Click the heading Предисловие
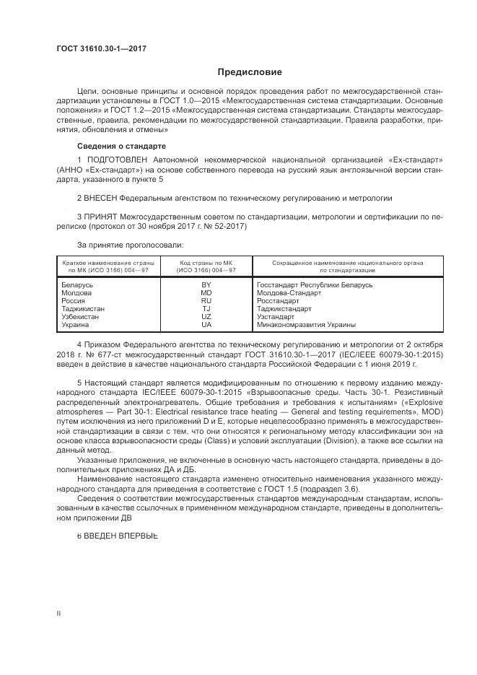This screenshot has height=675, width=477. [x=250, y=72]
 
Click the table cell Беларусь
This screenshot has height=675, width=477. [x=77, y=285]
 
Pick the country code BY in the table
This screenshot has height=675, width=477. [x=206, y=285]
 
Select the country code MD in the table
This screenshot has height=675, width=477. [x=206, y=293]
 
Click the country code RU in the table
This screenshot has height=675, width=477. [x=206, y=301]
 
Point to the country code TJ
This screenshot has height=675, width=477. [x=206, y=309]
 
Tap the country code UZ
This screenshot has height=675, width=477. [x=206, y=317]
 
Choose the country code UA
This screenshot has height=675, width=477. [x=206, y=325]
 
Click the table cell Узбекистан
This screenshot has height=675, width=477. [x=82, y=317]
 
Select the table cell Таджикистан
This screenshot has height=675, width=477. [x=84, y=309]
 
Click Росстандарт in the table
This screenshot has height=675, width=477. [x=278, y=301]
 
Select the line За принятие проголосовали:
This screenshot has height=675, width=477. [x=125, y=245]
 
